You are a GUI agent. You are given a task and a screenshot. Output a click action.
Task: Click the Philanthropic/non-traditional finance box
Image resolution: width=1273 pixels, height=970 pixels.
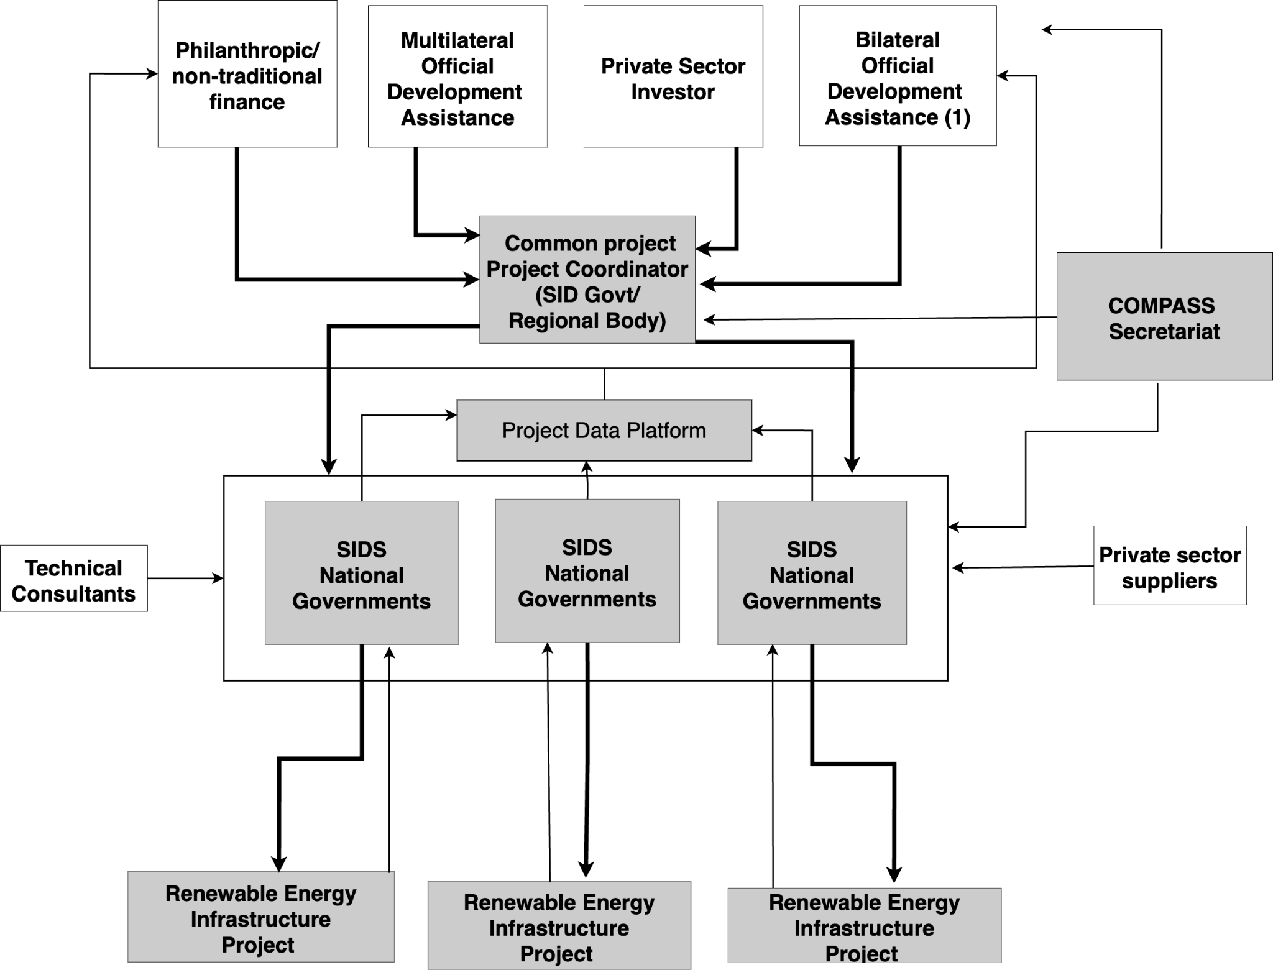pos(247,74)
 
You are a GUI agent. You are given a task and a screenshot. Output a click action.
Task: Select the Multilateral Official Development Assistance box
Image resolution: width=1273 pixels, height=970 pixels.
pos(457,76)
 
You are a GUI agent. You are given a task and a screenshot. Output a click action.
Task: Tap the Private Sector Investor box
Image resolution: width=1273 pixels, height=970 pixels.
pos(673,76)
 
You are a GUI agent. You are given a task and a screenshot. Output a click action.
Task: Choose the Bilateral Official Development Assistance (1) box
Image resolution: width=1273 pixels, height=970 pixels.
pos(898,76)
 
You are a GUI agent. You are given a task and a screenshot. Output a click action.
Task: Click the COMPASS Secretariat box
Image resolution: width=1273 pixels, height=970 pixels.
pos(1165,316)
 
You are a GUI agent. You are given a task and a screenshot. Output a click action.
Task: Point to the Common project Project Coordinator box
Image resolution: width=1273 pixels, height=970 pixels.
pos(587,280)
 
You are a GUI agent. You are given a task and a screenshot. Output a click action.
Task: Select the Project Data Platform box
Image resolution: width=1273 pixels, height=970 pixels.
pos(604,430)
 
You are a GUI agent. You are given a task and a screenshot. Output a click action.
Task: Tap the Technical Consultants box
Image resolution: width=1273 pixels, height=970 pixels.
pos(74,579)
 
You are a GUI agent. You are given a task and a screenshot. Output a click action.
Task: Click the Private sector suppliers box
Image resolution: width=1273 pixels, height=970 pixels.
pos(1170,565)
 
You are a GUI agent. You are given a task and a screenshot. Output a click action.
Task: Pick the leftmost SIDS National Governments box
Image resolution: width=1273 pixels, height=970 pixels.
pos(362,573)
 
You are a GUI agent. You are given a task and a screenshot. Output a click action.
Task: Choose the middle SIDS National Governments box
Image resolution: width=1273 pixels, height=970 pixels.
pos(587,571)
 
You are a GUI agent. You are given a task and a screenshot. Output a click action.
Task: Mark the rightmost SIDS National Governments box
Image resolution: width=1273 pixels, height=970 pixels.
pos(812,573)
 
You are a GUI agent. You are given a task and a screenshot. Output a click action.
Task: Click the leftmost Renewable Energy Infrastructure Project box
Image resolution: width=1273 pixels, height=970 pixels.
pos(261,917)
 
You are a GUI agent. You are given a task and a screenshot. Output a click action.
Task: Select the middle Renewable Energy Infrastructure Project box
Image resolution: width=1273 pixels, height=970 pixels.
pos(559,925)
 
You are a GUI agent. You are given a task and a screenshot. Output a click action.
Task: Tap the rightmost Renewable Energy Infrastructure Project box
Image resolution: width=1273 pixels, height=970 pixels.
pos(865,925)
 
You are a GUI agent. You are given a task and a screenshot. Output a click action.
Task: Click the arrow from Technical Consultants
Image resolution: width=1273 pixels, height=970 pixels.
pos(186,579)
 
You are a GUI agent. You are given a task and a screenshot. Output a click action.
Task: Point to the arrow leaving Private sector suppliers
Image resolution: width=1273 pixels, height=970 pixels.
pos(1023,567)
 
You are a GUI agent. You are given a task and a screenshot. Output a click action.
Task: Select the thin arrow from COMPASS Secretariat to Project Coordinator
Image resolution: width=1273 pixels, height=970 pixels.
pos(880,319)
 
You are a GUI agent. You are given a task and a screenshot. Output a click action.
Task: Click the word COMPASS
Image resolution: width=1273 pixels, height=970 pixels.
pos(1161,305)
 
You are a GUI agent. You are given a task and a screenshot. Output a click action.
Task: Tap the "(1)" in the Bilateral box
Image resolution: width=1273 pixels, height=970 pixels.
pos(957,117)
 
